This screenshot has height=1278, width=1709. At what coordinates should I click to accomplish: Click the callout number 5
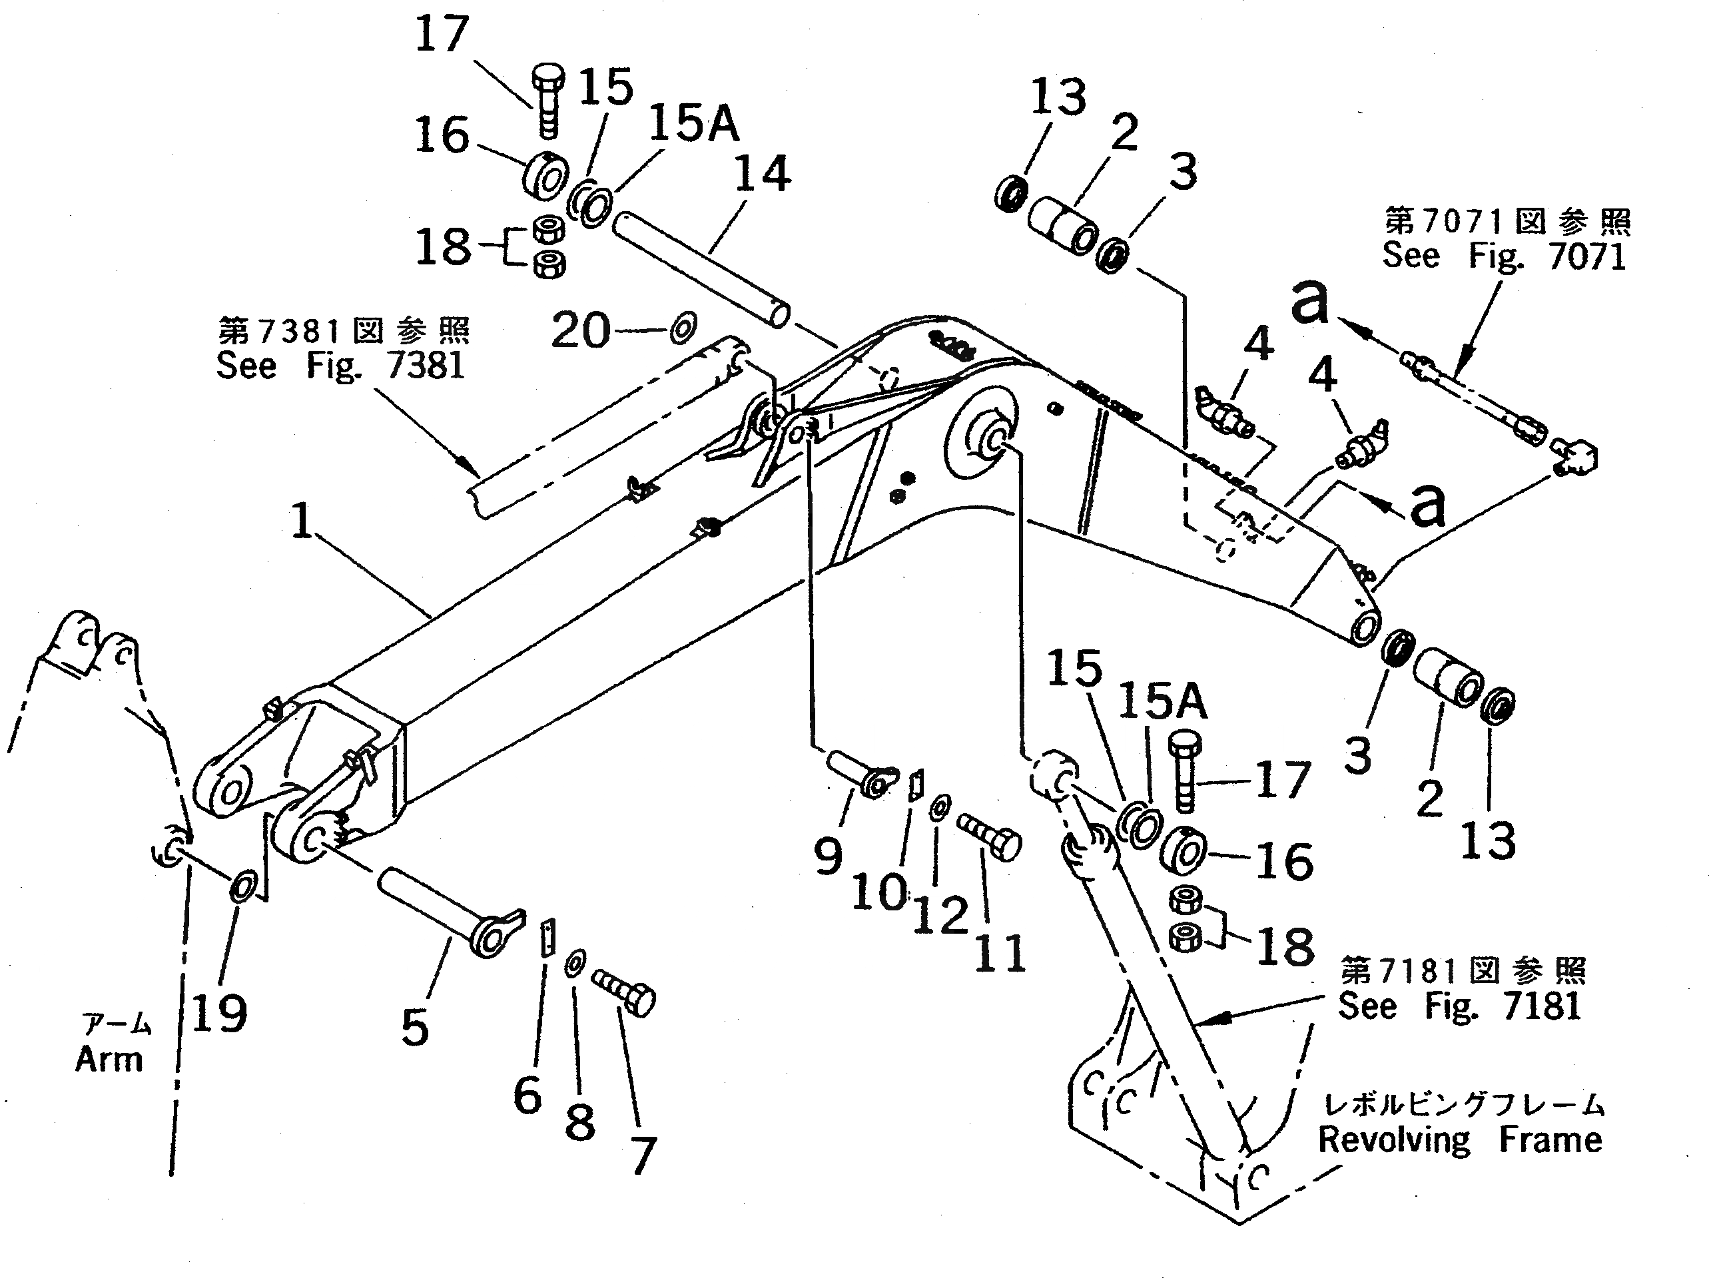pyautogui.click(x=415, y=1027)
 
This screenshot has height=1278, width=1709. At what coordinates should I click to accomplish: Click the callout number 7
pyautogui.click(x=643, y=1155)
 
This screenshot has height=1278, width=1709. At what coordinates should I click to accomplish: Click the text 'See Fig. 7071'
pyautogui.click(x=1503, y=256)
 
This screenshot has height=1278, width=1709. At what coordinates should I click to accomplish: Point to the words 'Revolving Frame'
pyautogui.click(x=1459, y=1140)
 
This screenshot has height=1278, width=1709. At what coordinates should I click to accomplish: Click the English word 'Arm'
pyautogui.click(x=109, y=1060)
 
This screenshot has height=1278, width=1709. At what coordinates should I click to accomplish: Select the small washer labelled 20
pyautogui.click(x=683, y=329)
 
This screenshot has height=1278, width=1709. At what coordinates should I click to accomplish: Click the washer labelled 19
pyautogui.click(x=241, y=886)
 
